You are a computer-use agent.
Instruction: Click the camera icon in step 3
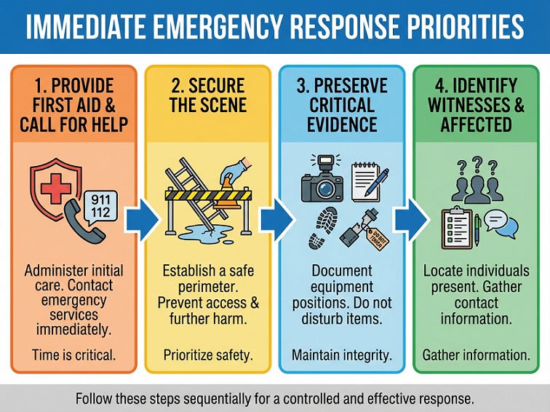click(x=322, y=181)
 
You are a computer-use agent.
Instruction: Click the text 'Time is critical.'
click(x=73, y=355)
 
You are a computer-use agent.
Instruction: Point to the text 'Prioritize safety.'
click(x=208, y=355)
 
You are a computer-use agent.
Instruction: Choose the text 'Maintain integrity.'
click(x=341, y=355)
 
